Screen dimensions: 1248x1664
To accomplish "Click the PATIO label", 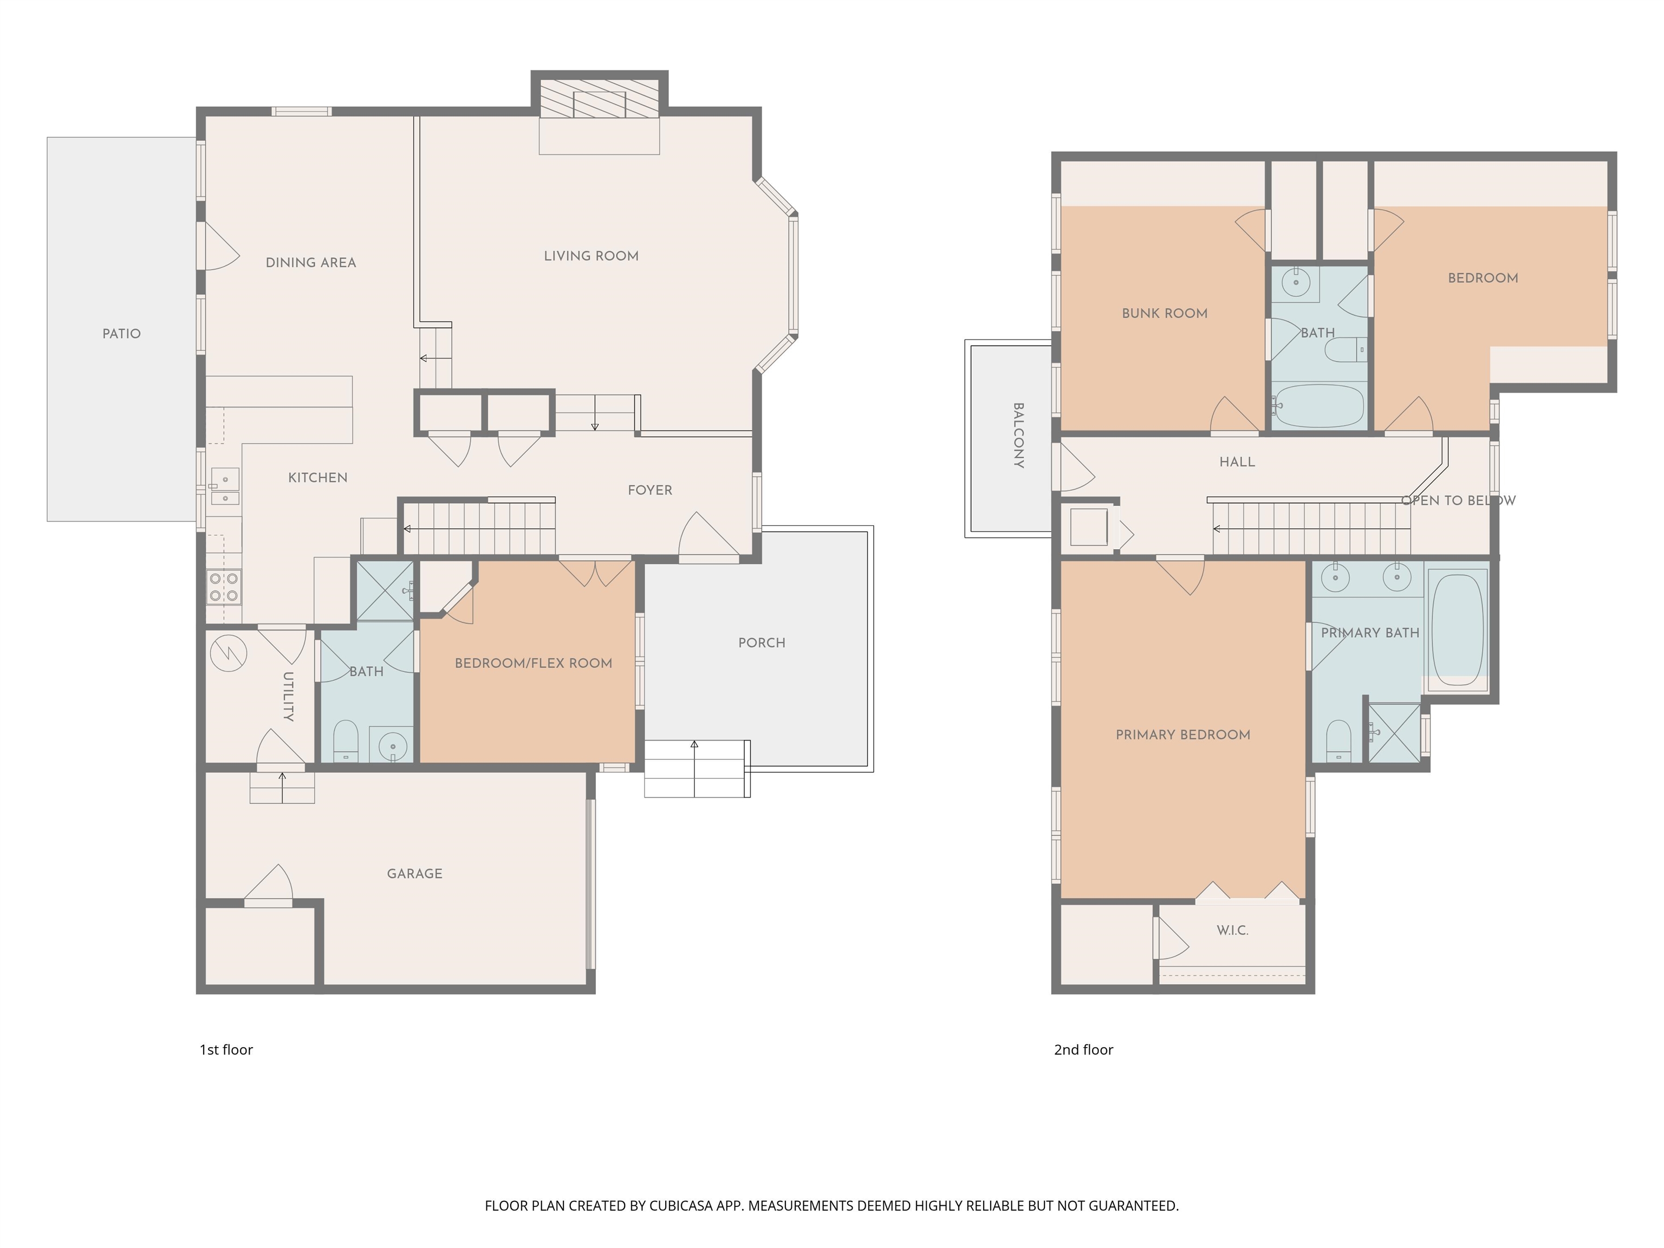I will click(x=121, y=333).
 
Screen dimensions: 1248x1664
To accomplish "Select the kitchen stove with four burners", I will click(x=223, y=587).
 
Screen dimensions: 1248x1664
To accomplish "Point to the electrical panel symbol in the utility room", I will click(x=228, y=653).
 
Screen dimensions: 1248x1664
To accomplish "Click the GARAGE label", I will click(x=414, y=873).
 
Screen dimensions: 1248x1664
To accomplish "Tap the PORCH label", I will click(x=761, y=642).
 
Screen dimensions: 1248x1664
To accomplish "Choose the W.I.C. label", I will click(x=1232, y=930).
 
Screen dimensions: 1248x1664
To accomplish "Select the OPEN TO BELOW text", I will click(x=1458, y=500).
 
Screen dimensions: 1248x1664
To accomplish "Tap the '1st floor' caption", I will click(x=226, y=1049).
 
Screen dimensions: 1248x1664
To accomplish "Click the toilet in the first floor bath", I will click(x=345, y=740).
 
